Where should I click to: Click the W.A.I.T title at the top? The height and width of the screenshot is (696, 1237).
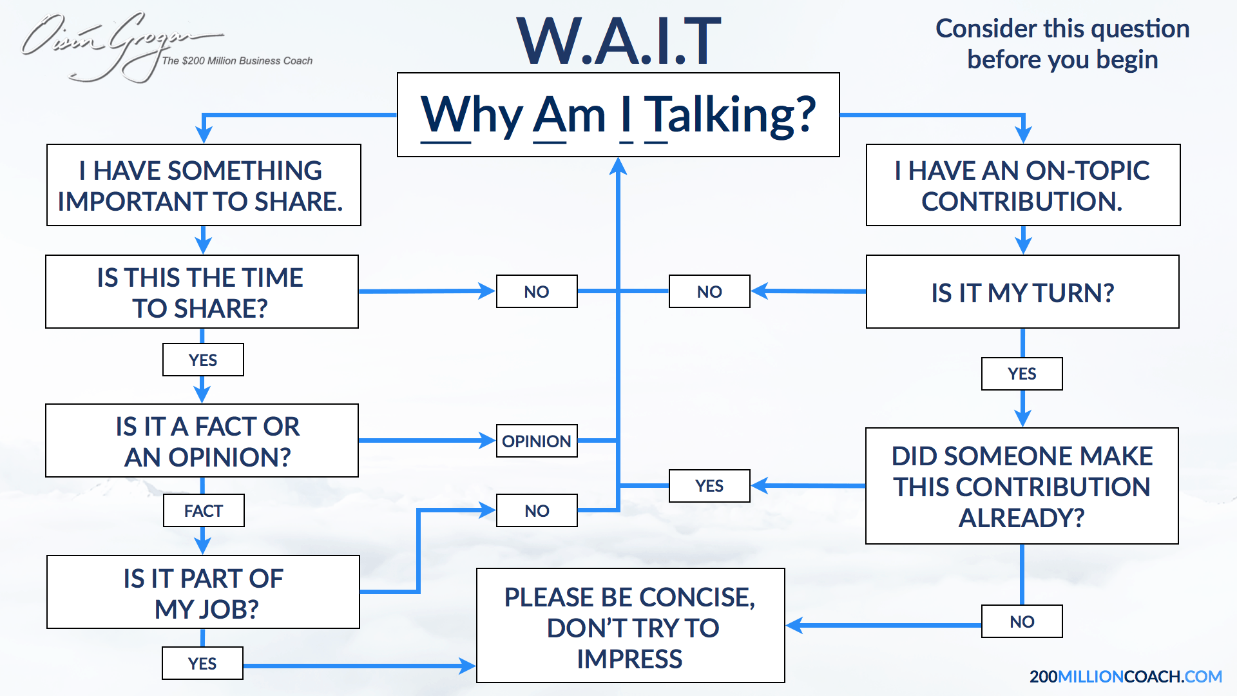click(x=618, y=41)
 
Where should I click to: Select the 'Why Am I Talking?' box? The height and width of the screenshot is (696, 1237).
click(x=618, y=115)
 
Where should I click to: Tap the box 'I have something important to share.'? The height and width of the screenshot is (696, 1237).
click(x=204, y=185)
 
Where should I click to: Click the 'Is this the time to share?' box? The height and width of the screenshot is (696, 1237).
click(x=202, y=292)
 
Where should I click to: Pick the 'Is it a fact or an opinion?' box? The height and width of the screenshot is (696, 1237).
click(x=202, y=441)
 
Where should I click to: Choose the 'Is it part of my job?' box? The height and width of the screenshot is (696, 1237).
click(x=203, y=592)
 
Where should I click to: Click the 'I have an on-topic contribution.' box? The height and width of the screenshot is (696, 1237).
click(x=1023, y=185)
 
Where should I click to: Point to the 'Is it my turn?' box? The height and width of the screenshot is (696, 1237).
click(x=1022, y=292)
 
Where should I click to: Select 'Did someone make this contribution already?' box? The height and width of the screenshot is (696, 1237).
click(x=1022, y=486)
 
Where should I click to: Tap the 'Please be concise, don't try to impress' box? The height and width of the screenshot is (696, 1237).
click(x=631, y=625)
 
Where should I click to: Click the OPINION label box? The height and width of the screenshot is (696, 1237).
click(x=537, y=441)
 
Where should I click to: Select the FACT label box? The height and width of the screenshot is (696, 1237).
click(x=204, y=510)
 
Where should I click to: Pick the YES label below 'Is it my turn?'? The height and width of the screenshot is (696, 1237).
click(x=1022, y=374)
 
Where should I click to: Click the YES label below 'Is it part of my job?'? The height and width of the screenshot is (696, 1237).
click(x=202, y=663)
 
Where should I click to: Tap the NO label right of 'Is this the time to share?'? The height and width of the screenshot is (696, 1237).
click(x=537, y=291)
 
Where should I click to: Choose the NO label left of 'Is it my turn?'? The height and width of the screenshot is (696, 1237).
click(x=709, y=291)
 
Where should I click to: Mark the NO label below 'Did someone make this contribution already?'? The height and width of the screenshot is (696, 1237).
click(x=1022, y=621)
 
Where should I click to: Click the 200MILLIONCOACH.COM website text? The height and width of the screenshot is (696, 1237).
click(x=1126, y=677)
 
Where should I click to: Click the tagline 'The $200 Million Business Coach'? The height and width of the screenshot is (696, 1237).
click(x=237, y=61)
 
